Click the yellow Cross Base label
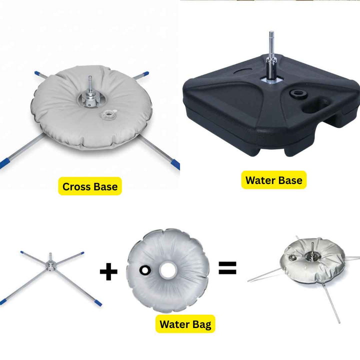pos(90,186)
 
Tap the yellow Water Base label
pos(274,180)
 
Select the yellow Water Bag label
pos(185,324)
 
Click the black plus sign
pos(108,272)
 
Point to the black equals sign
pos(227,268)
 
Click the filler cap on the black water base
pos(298,94)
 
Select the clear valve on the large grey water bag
pos(107,113)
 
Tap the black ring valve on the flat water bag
pos(145,270)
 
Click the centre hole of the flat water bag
pos(168,270)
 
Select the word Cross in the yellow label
pos(76,186)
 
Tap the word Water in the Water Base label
pos(259,180)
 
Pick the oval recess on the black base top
pos(242,70)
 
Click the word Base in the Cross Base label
pos(105,186)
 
